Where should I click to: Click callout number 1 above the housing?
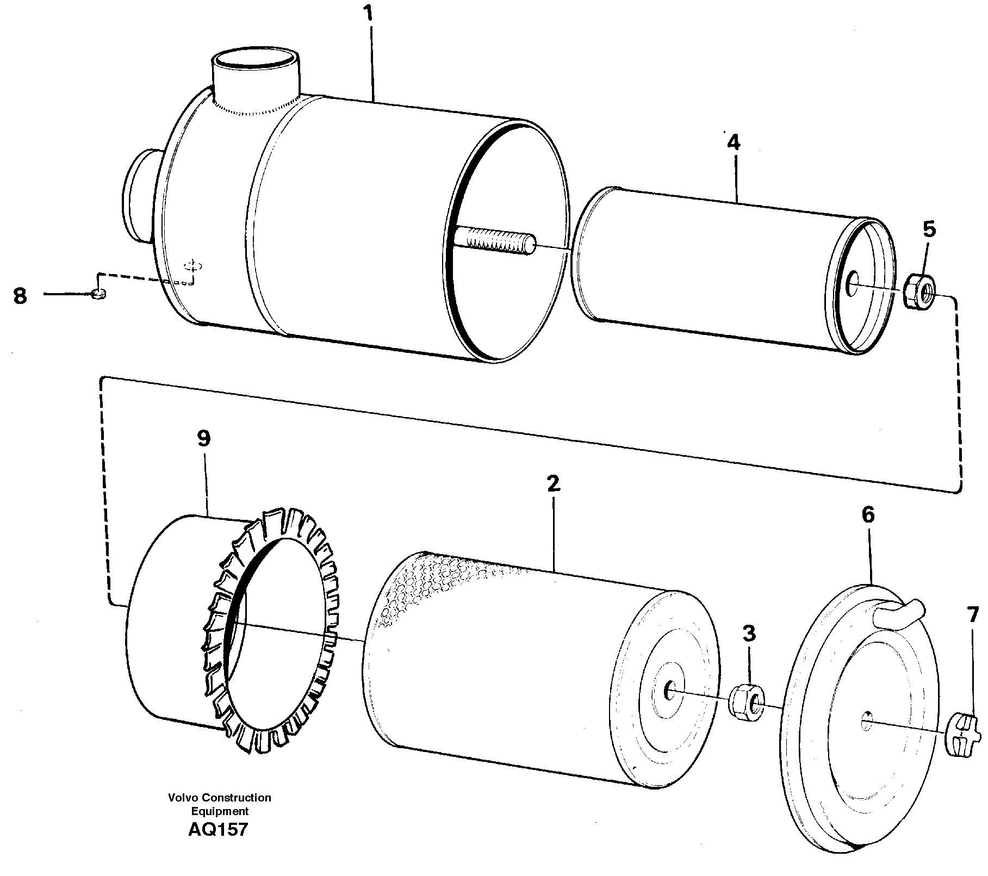(x=370, y=14)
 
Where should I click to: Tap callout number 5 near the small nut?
(x=929, y=229)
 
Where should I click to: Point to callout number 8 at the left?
(x=20, y=296)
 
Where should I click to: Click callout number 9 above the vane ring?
(x=203, y=438)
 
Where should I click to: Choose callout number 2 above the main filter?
(x=553, y=483)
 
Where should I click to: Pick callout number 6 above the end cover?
(x=868, y=514)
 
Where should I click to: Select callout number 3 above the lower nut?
(x=749, y=633)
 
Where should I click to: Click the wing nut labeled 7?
(x=962, y=735)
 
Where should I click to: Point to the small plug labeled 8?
(x=98, y=294)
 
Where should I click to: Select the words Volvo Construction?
(x=219, y=798)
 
